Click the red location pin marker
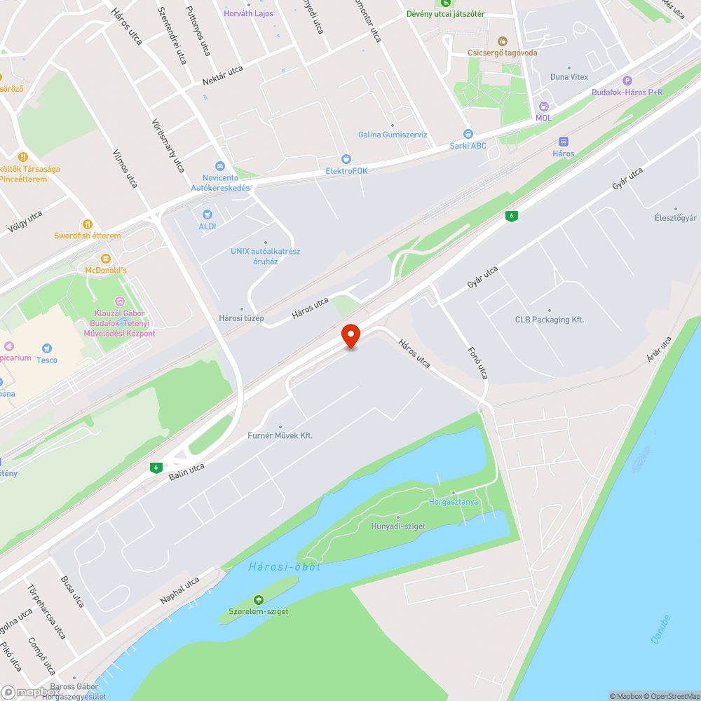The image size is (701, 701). coord(350,335)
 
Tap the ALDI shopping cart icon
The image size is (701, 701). coord(207,215)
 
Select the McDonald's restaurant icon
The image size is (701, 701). coord(106,258)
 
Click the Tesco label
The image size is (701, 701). coord(47,360)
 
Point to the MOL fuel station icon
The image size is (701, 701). coord(544,107)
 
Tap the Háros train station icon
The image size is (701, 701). coord(563,142)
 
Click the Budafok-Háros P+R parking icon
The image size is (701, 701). coord(627,81)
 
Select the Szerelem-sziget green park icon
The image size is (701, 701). coord(258,599)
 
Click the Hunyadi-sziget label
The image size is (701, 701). coord(398,526)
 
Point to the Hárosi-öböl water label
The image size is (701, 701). coord(284,566)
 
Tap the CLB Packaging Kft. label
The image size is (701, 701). coord(550,320)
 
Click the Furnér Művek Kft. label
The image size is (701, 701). coord(280,435)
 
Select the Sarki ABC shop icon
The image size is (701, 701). coord(468,134)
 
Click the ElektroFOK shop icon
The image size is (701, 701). coord(346,159)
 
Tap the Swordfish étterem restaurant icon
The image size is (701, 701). coord(88,224)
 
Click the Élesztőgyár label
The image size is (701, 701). coord(676,218)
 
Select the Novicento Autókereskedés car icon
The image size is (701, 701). coord(220,166)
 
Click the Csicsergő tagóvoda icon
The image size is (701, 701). coord(501,41)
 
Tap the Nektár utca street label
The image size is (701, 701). coord(222,74)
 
